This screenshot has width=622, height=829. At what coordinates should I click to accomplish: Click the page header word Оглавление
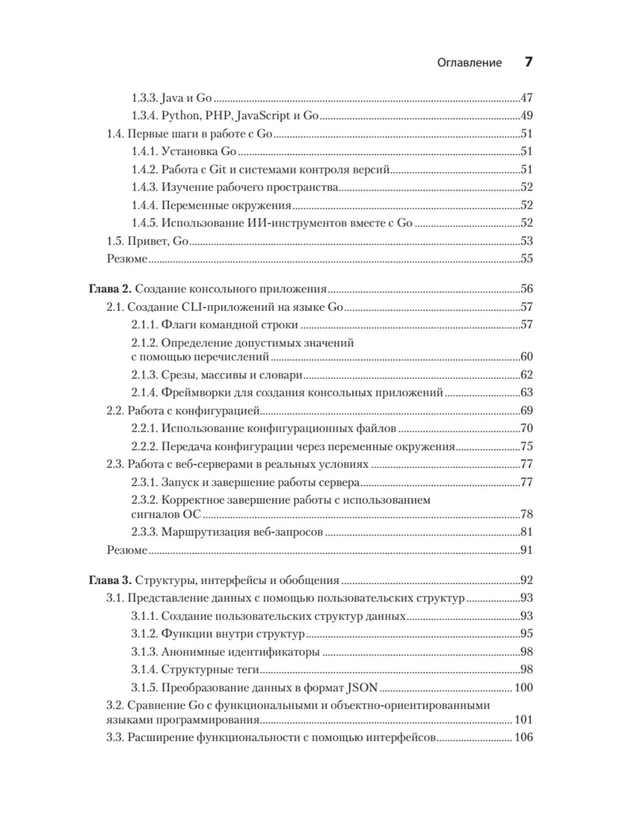(x=470, y=63)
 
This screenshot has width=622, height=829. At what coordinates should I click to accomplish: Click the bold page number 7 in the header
(x=528, y=62)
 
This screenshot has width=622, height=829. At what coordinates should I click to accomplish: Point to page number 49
(x=526, y=116)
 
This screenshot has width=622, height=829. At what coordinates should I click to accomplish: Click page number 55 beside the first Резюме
(x=526, y=259)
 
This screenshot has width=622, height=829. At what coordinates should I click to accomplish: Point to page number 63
(x=526, y=392)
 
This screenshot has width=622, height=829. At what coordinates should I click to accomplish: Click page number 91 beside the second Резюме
(x=526, y=550)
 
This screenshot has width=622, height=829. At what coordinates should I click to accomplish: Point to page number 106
(x=524, y=737)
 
